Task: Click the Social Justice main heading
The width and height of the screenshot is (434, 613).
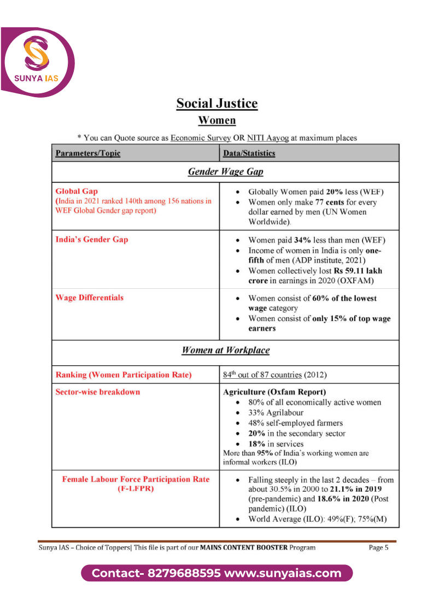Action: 217,103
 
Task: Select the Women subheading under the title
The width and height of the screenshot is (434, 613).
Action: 217,120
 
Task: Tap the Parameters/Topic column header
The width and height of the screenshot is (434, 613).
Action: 88,153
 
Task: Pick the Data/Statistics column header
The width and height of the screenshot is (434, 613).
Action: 249,153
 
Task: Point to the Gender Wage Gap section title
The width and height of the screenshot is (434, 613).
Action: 225,172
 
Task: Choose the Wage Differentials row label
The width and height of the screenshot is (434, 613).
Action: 90,297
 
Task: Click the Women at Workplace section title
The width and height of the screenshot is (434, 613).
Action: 225,350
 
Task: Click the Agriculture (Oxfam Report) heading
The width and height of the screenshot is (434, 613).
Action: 274,392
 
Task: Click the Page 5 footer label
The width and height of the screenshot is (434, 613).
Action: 378,547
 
